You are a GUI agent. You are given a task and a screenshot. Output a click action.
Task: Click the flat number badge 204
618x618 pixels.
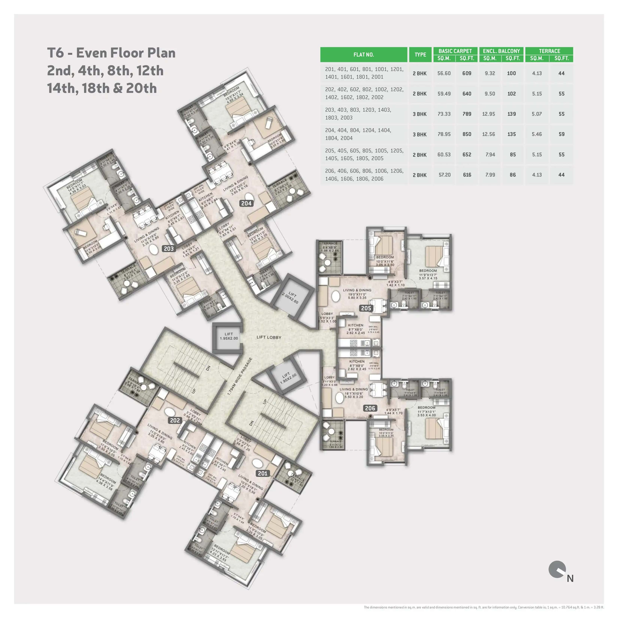pyautogui.click(x=246, y=203)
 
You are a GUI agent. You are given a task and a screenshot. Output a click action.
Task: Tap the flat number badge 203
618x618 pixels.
pyautogui.click(x=169, y=249)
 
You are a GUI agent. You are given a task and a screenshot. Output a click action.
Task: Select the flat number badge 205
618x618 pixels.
pyautogui.click(x=366, y=308)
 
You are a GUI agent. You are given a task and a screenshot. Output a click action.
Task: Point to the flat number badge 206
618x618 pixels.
pyautogui.click(x=370, y=408)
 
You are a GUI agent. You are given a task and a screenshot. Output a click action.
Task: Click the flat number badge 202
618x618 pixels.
pyautogui.click(x=175, y=420)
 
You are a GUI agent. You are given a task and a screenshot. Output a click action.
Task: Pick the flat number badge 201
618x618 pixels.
pyautogui.click(x=263, y=473)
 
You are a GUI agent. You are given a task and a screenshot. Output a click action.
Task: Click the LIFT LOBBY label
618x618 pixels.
pyautogui.click(x=269, y=337)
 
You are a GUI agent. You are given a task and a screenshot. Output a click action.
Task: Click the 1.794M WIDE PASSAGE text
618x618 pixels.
pyautogui.click(x=240, y=376)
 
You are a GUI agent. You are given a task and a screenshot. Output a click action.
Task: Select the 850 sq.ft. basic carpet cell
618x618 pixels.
pyautogui.click(x=467, y=134)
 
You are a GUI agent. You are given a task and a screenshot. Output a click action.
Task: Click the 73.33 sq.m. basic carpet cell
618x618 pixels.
pyautogui.click(x=444, y=114)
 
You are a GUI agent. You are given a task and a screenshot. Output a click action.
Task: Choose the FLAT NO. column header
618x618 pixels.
pyautogui.click(x=364, y=55)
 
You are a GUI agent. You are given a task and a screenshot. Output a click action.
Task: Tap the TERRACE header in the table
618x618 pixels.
pyautogui.click(x=549, y=51)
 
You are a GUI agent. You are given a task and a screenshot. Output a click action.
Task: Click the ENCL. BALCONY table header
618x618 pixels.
pyautogui.click(x=501, y=51)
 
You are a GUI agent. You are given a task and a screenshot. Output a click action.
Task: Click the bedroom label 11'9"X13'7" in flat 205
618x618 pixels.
pyautogui.click(x=428, y=275)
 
